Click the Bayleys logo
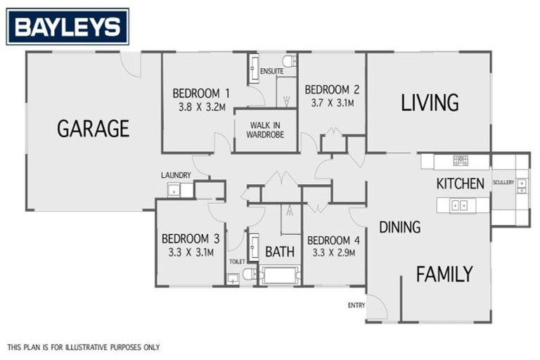67,27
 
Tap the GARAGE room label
93,128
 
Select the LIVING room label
430,103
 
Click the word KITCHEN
460,184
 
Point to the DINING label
399,227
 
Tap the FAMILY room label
444,274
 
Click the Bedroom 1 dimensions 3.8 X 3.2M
201,108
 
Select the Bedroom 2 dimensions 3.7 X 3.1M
332,103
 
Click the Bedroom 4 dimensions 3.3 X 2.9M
333,252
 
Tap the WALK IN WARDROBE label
266,130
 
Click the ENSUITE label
271,72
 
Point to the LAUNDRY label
176,175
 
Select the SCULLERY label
503,183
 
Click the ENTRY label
356,304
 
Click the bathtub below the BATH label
280,275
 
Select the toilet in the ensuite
289,60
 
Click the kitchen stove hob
460,161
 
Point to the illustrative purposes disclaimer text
84,347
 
